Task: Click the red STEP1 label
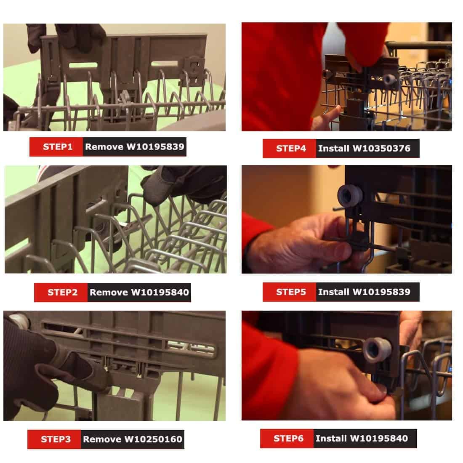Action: click(x=56, y=147)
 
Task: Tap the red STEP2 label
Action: click(x=61, y=293)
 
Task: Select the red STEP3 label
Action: click(x=54, y=439)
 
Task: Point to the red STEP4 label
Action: click(x=290, y=149)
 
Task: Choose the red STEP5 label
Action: click(x=290, y=292)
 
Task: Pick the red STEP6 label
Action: click(x=287, y=439)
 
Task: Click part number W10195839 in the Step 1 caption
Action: click(x=155, y=147)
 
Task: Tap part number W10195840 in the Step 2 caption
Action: click(x=160, y=293)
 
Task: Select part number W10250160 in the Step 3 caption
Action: click(x=153, y=439)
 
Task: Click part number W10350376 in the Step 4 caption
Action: click(x=381, y=148)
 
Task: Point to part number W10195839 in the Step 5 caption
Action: click(x=381, y=292)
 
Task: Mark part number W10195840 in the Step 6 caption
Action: click(x=379, y=438)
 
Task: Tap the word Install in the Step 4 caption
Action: click(x=334, y=148)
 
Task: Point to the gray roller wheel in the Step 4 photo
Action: click(x=389, y=79)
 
